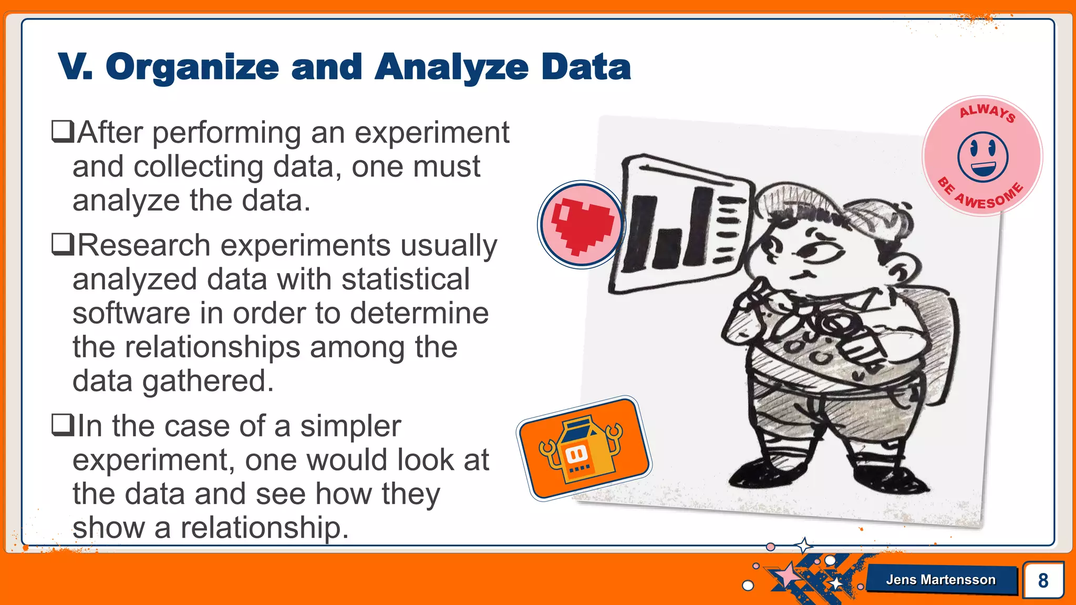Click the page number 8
[x=1043, y=580]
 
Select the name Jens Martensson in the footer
[x=940, y=580]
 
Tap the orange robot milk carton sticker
[x=584, y=448]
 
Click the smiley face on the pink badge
[x=982, y=156]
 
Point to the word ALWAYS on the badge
[x=987, y=112]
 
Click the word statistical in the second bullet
[x=405, y=279]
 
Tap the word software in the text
[x=131, y=314]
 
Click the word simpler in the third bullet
[x=350, y=426]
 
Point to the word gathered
[x=208, y=381]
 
